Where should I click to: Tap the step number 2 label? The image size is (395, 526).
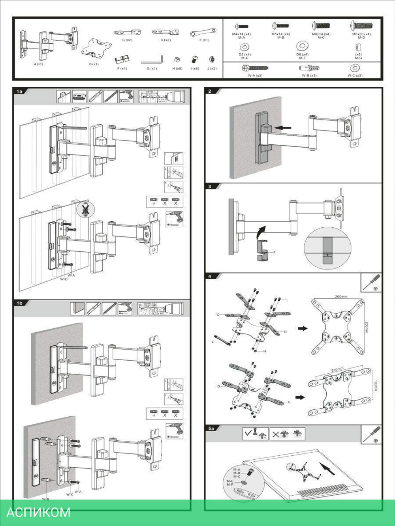[210, 91]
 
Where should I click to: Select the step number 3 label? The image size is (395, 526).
[210, 186]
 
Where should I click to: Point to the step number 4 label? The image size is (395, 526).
[210, 276]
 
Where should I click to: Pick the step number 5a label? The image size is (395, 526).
[211, 428]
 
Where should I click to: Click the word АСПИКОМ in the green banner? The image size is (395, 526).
[39, 512]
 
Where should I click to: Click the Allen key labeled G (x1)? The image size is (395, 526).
[152, 60]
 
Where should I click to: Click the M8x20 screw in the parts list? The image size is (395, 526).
[361, 26]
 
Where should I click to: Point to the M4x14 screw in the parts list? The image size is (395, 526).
[241, 26]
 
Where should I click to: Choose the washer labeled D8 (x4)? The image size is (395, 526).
[302, 44]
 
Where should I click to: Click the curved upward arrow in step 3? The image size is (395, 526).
[260, 232]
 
